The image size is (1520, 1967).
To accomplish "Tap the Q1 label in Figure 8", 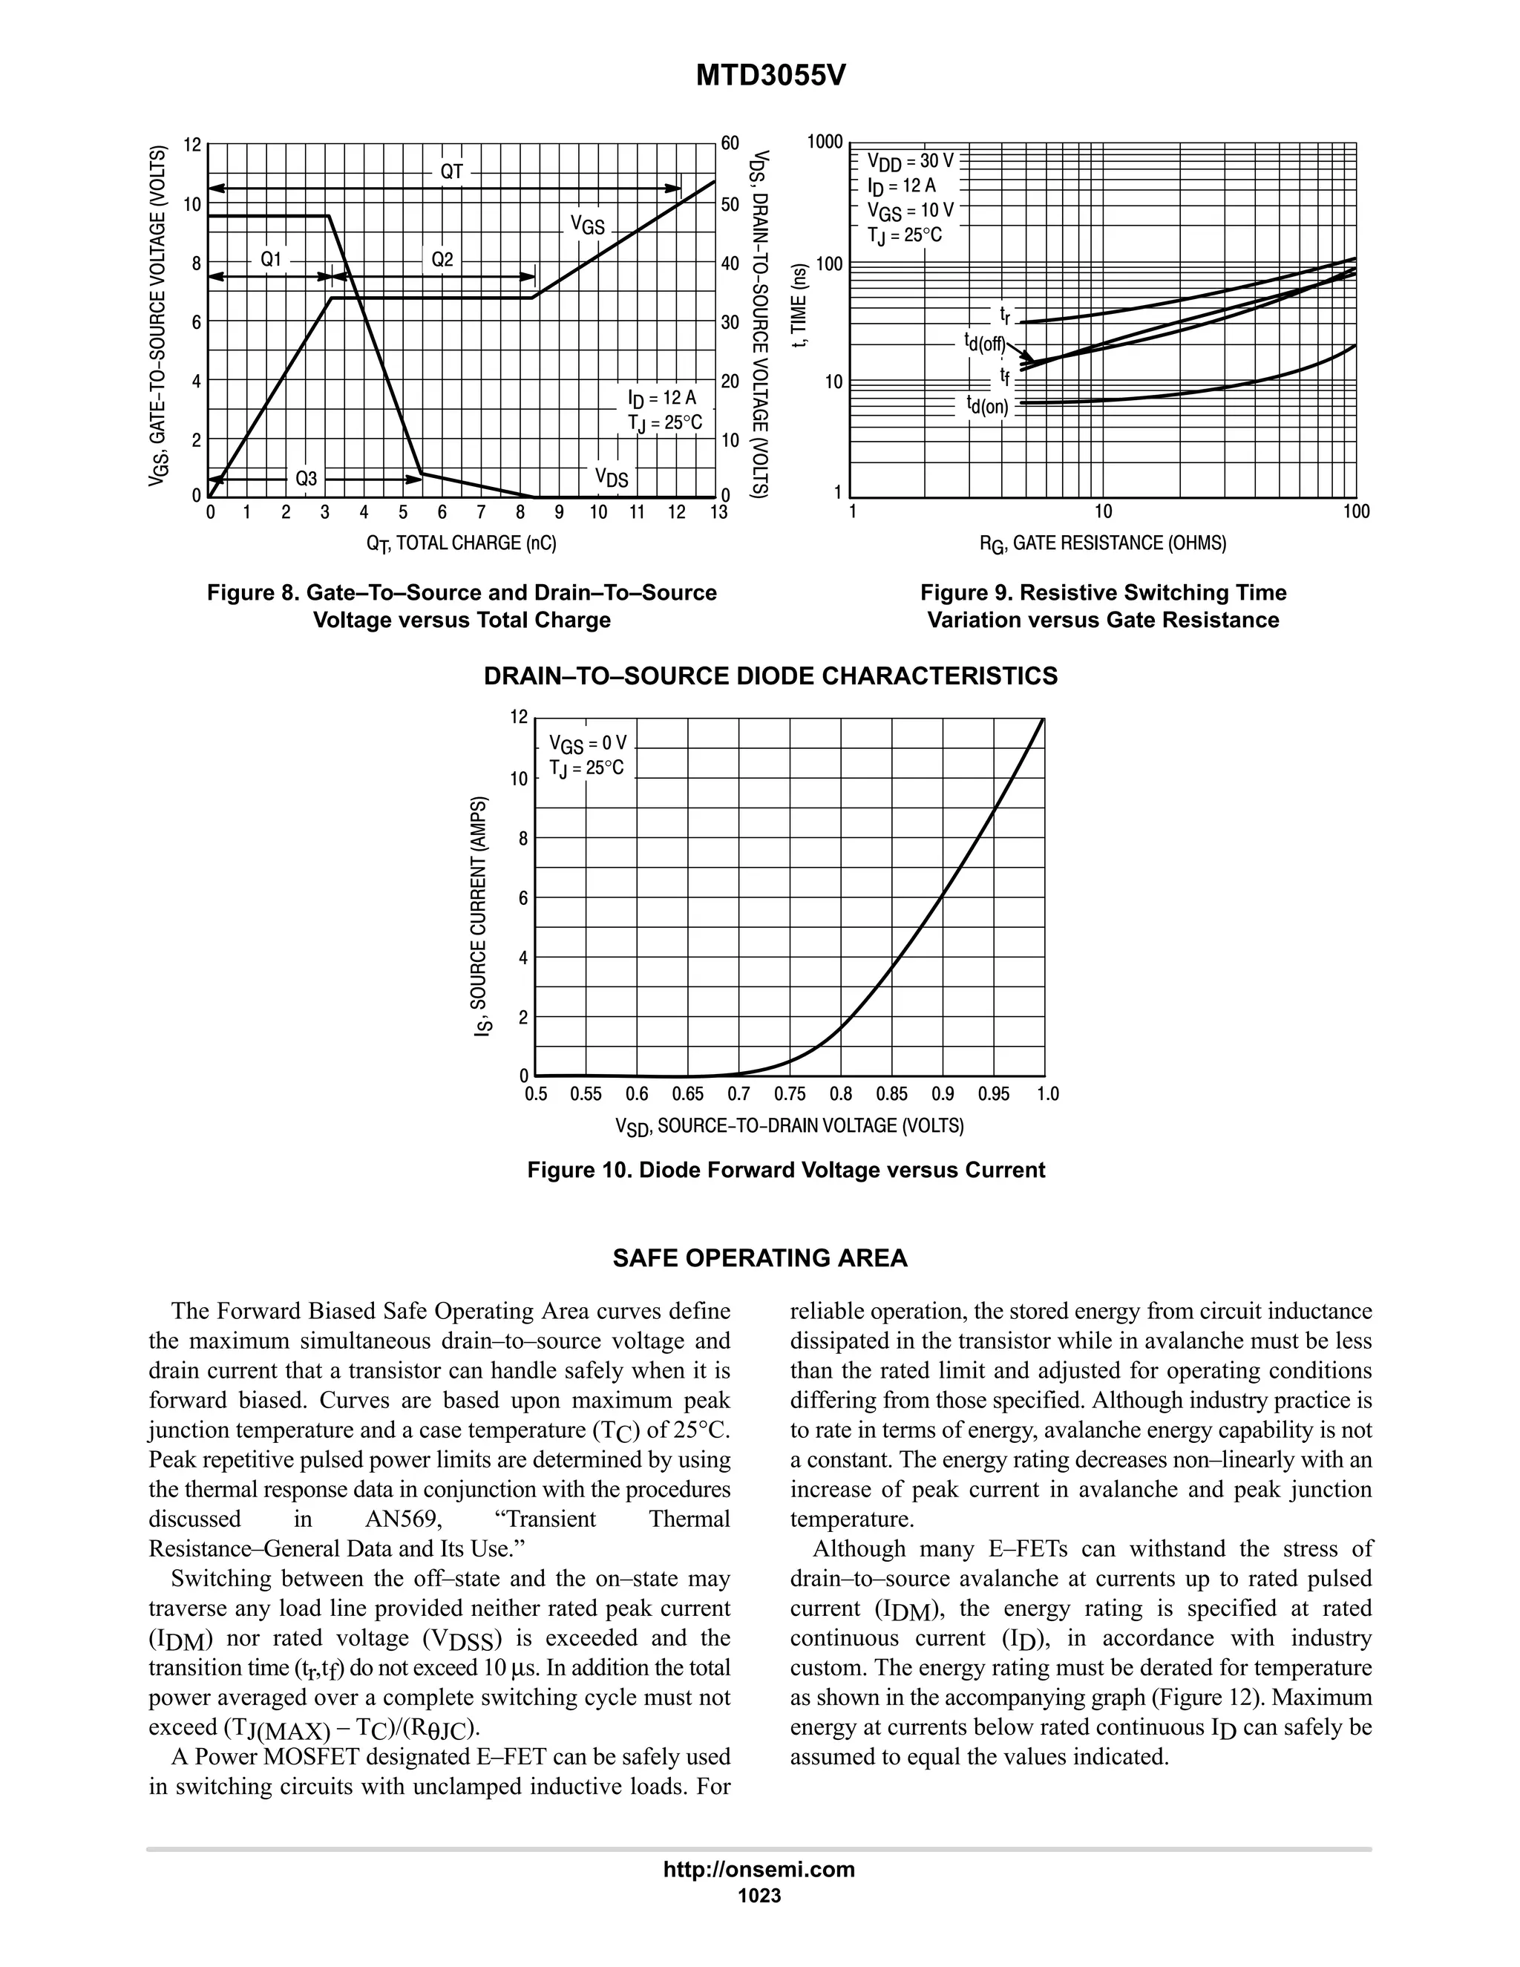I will (271, 259).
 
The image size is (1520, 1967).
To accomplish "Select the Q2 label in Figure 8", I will (442, 259).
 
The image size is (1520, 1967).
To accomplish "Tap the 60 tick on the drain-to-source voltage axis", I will (730, 144).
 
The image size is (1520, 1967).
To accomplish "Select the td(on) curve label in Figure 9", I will (988, 405).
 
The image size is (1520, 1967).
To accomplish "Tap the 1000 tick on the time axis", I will (825, 143).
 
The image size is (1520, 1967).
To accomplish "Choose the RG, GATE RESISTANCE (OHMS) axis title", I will (1103, 544).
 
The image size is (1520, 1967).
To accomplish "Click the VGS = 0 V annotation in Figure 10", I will (587, 744).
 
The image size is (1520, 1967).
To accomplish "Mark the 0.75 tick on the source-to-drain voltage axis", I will (790, 1094).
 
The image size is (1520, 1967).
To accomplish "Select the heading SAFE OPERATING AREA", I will (760, 1258).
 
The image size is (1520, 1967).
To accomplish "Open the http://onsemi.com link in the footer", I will (759, 1869).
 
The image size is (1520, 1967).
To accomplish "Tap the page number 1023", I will (759, 1896).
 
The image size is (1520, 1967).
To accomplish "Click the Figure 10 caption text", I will (785, 1170).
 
